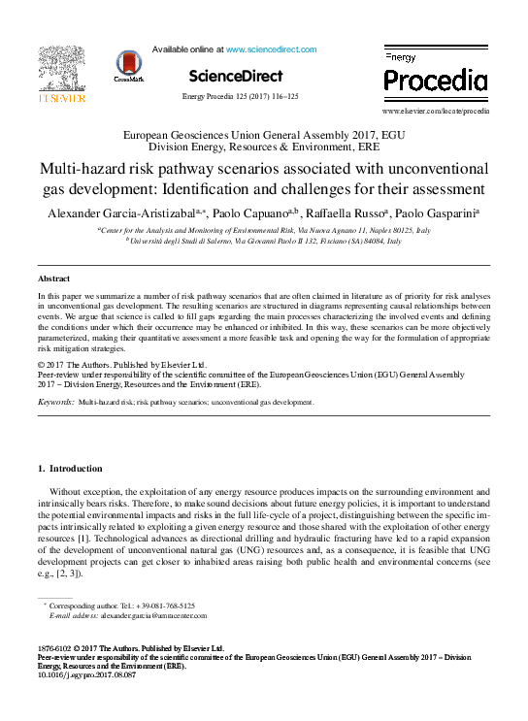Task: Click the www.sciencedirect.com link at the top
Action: [271, 49]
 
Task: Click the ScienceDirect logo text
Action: [236, 76]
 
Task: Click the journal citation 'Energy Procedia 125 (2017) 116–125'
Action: [236, 98]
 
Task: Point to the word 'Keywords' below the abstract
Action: [54, 401]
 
